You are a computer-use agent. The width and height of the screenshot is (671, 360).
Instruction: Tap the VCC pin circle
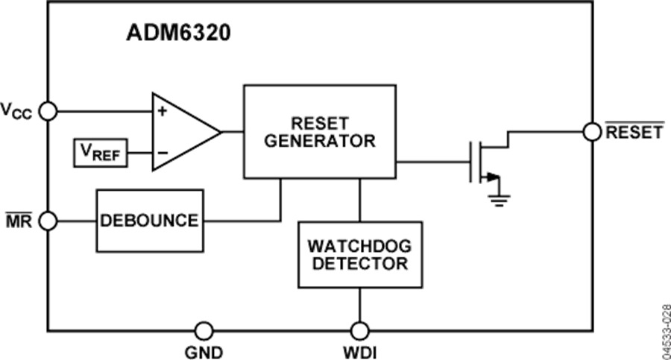pos(48,111)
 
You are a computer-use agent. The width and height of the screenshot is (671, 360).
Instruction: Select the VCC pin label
pos(16,113)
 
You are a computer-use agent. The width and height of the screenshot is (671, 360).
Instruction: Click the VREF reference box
pos(100,154)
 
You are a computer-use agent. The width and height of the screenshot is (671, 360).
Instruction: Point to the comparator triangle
pos(183,131)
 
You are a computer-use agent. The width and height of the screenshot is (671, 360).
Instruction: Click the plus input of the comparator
pos(162,111)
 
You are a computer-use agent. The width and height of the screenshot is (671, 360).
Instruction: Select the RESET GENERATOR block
pos(319,132)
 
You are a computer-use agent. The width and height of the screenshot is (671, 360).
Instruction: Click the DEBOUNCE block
pos(149,221)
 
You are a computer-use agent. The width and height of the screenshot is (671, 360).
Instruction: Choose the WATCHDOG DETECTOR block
pos(360,255)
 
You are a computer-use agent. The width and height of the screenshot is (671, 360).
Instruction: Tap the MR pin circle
pos(48,221)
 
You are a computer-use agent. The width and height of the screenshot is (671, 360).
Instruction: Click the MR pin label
pos(16,221)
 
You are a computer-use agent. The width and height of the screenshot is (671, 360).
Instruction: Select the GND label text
pos(203,350)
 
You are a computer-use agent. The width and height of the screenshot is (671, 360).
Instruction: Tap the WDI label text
pos(361,350)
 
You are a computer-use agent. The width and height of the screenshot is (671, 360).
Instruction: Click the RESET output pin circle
pos(592,132)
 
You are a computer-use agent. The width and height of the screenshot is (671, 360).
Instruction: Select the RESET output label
pos(633,133)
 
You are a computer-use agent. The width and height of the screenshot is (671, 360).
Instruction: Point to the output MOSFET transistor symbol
pos(485,160)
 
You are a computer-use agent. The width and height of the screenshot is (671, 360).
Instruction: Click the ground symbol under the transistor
pos(498,197)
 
